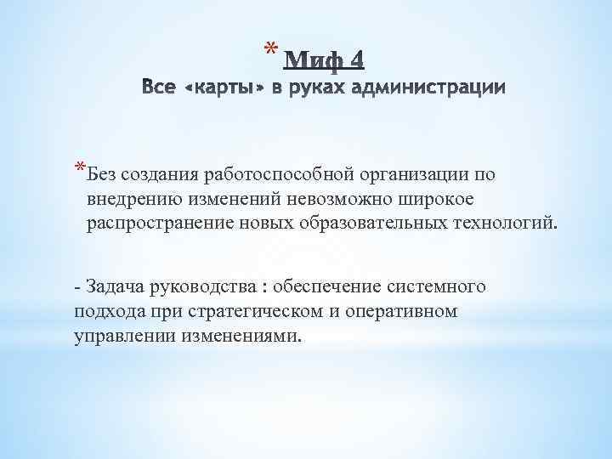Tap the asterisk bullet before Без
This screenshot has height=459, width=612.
79,167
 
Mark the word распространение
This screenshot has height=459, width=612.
149,223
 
